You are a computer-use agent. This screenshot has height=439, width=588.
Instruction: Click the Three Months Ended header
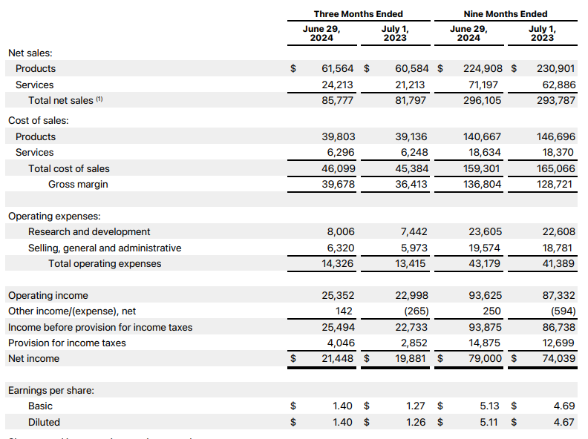(358, 13)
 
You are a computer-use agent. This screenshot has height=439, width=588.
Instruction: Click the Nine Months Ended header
(505, 13)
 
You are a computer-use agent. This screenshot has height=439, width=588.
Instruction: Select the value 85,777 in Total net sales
(338, 100)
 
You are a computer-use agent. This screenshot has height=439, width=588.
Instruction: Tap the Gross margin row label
(78, 184)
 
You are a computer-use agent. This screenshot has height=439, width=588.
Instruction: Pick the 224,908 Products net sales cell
(482, 68)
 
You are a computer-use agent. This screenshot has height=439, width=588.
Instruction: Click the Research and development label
(89, 231)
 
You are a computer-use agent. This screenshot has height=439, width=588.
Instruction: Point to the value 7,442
(414, 231)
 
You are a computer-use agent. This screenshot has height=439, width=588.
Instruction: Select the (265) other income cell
(414, 311)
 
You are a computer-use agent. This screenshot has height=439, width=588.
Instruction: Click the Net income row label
(33, 358)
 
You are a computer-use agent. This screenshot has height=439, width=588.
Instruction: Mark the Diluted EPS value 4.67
(564, 422)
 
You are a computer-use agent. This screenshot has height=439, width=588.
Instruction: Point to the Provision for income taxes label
(67, 343)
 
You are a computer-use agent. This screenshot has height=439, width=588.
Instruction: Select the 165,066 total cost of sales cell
(555, 168)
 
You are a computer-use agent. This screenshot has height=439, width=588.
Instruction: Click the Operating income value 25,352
(338, 295)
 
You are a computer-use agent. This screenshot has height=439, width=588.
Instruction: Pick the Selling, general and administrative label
(105, 248)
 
